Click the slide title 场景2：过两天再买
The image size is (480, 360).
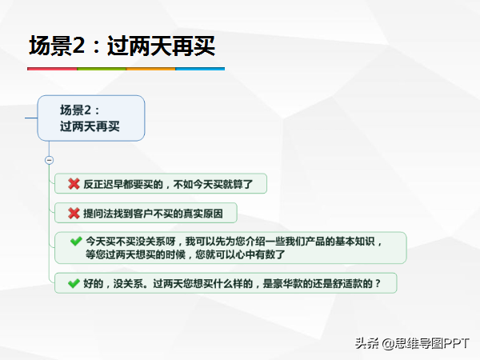(122, 46)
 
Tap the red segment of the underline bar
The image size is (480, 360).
(52, 69)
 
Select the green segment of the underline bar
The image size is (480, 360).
(102, 69)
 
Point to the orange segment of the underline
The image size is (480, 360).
(150, 69)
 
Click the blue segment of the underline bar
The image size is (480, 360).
(200, 69)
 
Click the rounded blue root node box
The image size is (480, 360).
(91, 118)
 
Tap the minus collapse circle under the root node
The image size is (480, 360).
(49, 160)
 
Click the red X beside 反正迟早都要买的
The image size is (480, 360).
(74, 184)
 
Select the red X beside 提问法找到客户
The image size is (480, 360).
(74, 213)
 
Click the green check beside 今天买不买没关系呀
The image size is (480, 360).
(76, 242)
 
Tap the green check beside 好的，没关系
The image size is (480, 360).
(74, 283)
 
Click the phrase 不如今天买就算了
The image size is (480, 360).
(213, 184)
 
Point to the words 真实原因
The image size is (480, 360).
(203, 214)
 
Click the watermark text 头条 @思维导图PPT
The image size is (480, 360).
(412, 343)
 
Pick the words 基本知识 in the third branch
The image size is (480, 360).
(354, 242)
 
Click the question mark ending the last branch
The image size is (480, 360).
(378, 283)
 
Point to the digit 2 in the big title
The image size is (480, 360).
(78, 46)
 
